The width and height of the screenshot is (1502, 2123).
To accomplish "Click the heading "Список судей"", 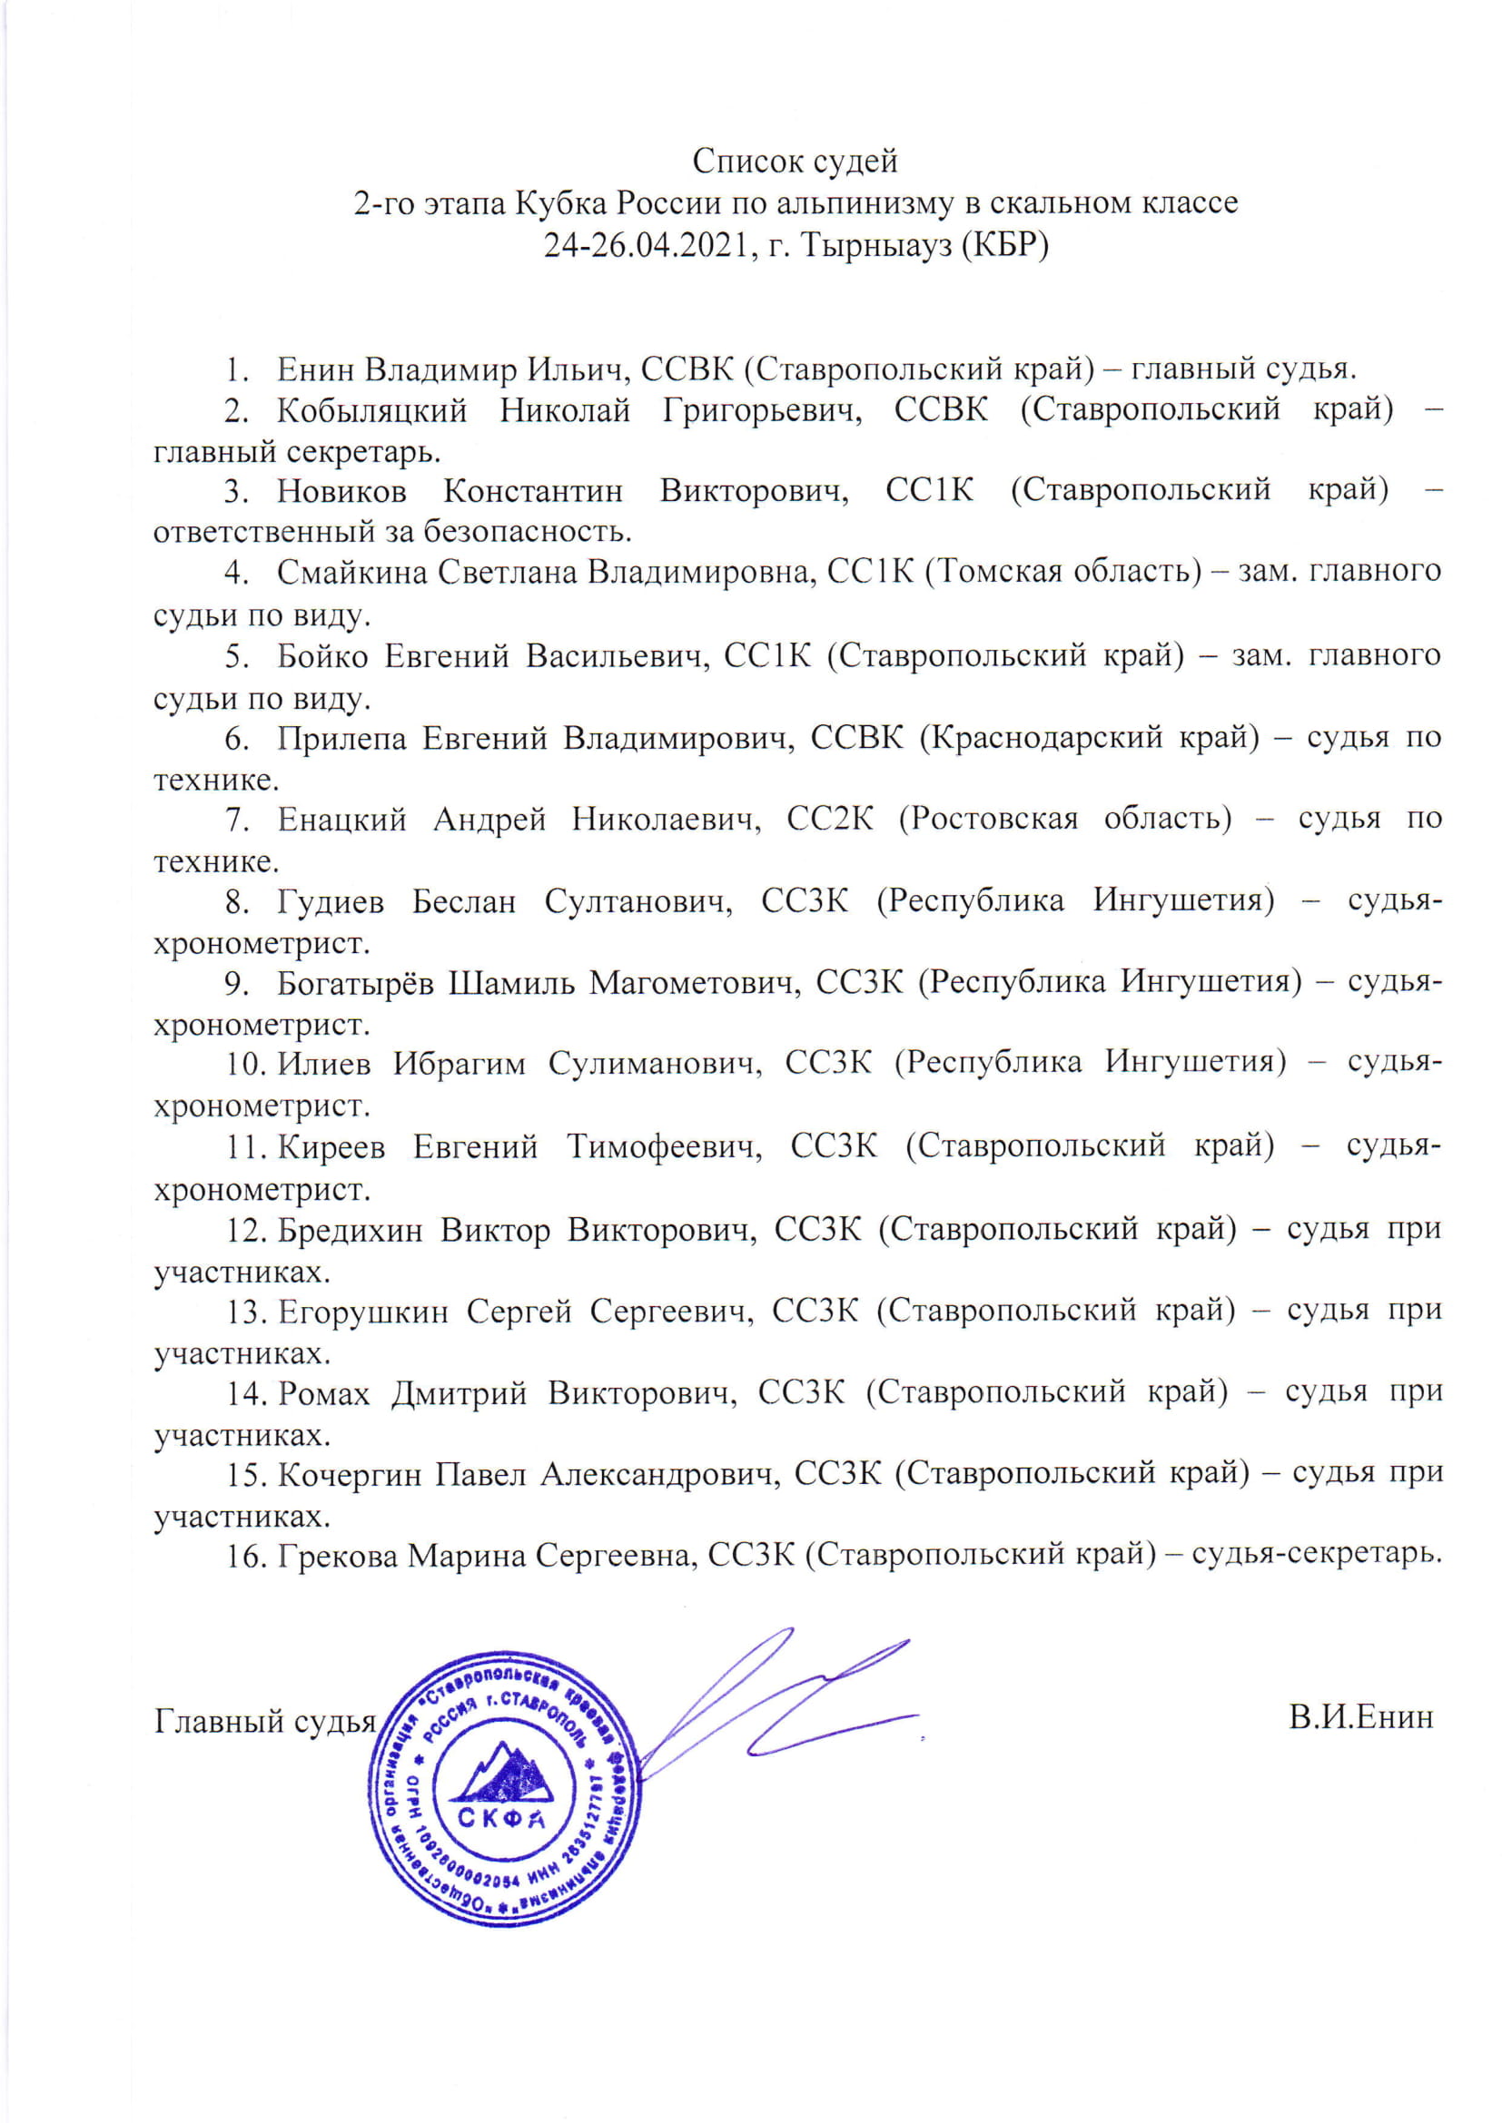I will point(795,162).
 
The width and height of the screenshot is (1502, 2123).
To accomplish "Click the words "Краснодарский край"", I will point(1090,737).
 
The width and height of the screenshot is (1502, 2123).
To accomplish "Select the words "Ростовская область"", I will point(1064,819).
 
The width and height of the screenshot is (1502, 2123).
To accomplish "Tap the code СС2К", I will point(830,819).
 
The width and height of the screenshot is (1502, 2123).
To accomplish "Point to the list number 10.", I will point(246,1065).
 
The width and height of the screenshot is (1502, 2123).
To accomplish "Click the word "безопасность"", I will point(529,532).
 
